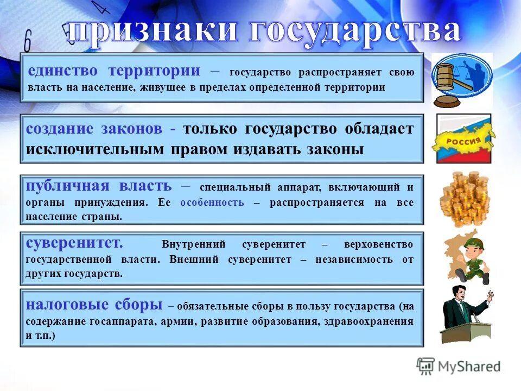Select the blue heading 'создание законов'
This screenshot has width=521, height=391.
(94, 129)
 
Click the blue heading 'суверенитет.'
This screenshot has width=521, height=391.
(74, 243)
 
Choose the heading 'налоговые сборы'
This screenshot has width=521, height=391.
(93, 304)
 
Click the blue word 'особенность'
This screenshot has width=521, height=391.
(212, 202)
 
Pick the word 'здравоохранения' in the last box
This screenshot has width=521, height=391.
(368, 321)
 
